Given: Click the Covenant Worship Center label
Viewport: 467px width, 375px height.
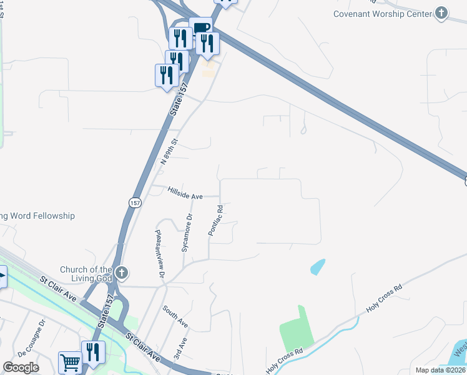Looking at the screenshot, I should pos(383,14).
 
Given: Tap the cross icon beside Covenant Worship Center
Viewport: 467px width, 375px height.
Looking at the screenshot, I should pos(441,13).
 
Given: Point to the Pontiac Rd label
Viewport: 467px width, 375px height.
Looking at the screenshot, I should pos(215,220).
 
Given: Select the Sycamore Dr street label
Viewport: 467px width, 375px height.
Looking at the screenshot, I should pos(187,232).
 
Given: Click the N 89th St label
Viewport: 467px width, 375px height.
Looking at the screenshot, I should pos(170,151).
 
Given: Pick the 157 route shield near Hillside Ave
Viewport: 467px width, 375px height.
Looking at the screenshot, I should pos(135,203).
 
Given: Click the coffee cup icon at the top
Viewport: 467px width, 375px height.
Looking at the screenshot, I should pos(201,27).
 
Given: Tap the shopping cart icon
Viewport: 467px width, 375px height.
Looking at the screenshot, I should pos(70,362).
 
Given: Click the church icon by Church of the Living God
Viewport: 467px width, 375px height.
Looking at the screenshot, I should pos(122,273).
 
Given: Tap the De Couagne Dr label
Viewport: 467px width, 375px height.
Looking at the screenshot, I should pos(32,338).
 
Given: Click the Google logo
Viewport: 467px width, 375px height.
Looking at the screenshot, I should pos(21,367).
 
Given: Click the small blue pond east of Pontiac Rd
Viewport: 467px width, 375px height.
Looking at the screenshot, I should pos(318,267).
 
